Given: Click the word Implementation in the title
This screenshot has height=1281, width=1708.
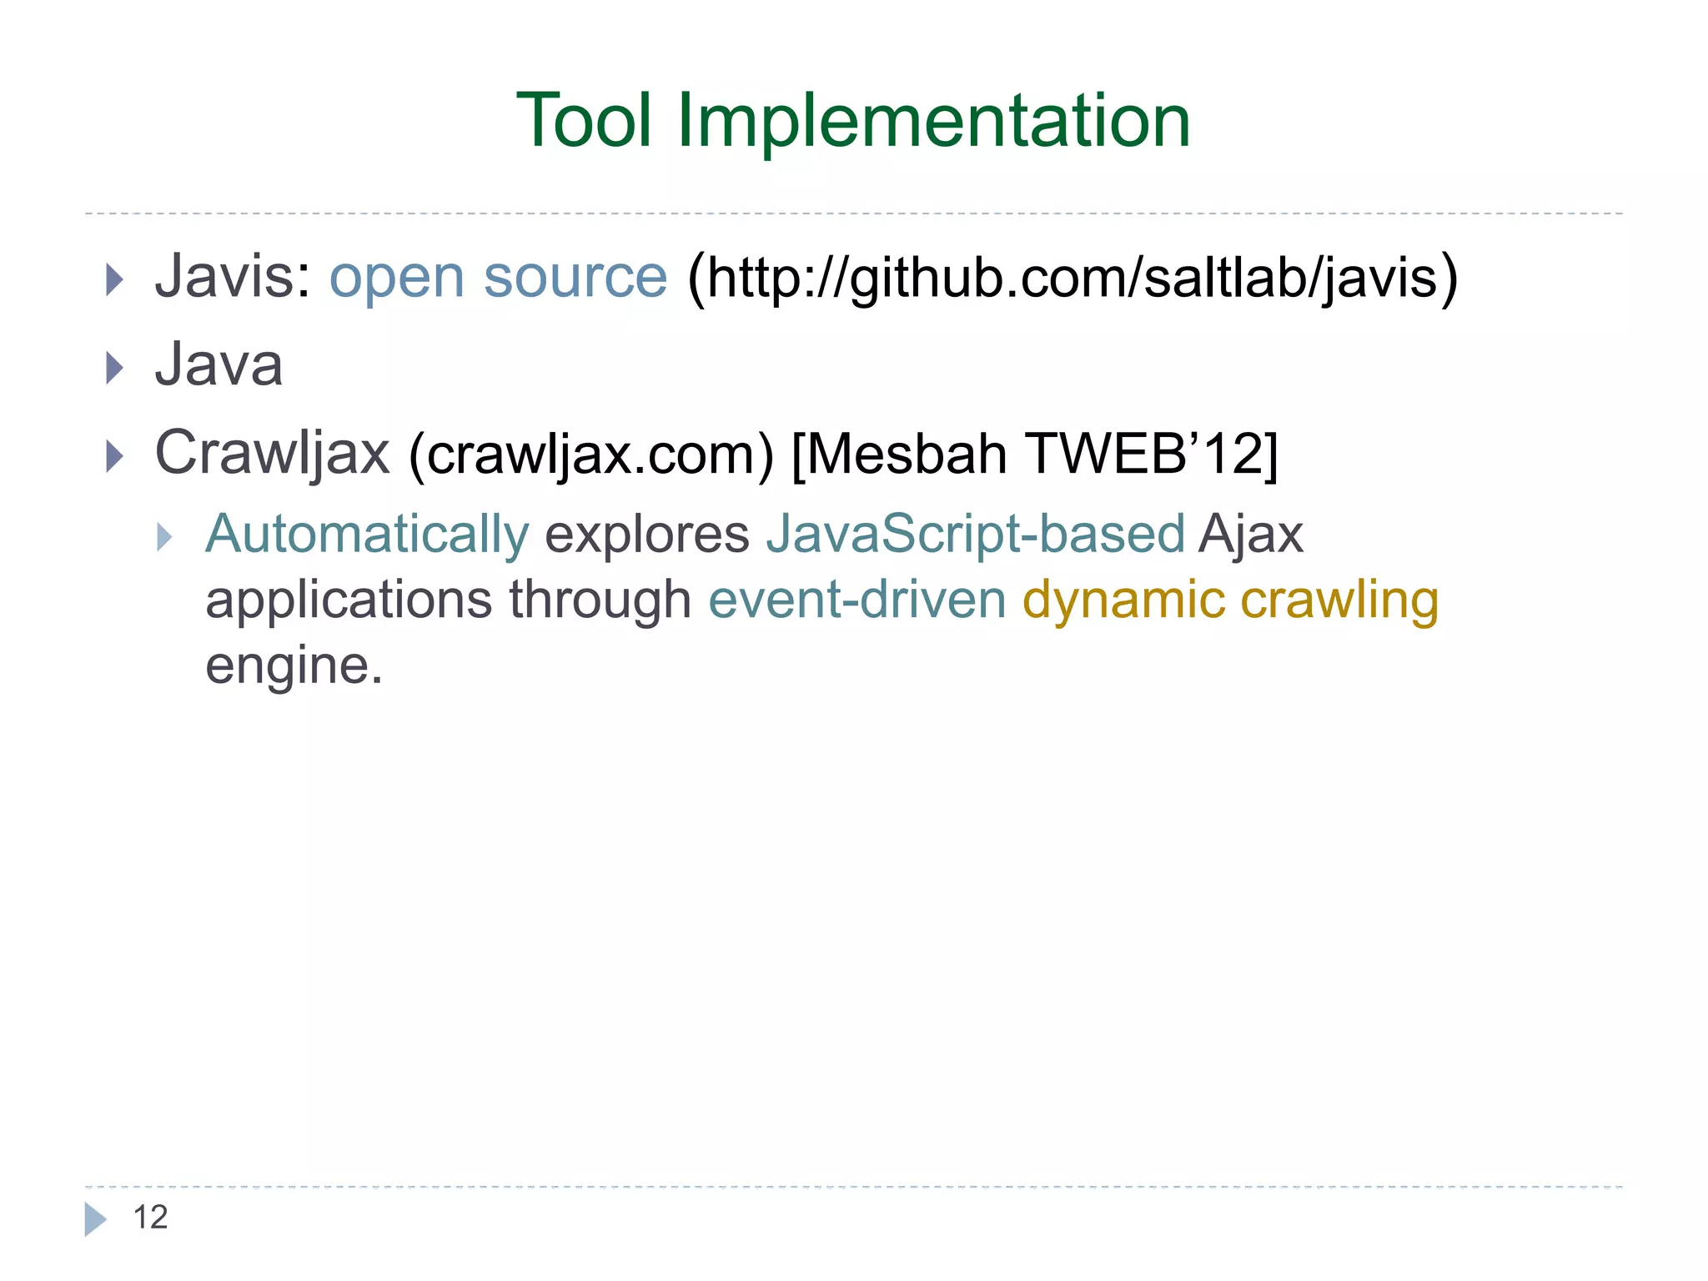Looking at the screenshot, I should (933, 121).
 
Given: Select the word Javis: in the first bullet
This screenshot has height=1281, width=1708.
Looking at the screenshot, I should (233, 277).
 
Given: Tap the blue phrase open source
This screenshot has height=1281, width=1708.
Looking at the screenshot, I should (498, 277).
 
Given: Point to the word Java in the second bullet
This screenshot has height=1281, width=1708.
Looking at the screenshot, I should (219, 365).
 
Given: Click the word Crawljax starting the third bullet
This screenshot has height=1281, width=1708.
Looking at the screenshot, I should (272, 454).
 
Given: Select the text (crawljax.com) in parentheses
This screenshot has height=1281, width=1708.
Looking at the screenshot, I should (591, 455).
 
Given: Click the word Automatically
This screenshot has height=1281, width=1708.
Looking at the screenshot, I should (367, 534).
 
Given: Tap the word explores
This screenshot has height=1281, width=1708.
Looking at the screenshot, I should (647, 534).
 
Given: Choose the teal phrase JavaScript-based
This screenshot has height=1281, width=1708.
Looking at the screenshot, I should (975, 534).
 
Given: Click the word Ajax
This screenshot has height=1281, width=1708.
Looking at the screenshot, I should (1251, 534).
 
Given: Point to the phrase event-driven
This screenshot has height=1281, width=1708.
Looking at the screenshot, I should (857, 600).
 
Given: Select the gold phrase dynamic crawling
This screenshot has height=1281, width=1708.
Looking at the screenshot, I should (1230, 600).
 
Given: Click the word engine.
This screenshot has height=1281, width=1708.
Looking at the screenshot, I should (294, 666).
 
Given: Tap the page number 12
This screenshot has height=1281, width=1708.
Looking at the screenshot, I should (150, 1218).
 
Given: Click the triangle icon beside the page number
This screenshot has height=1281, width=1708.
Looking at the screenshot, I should (95, 1219).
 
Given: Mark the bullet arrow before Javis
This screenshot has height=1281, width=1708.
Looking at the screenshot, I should (115, 279).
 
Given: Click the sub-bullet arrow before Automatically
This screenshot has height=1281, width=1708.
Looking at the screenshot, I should (164, 537).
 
